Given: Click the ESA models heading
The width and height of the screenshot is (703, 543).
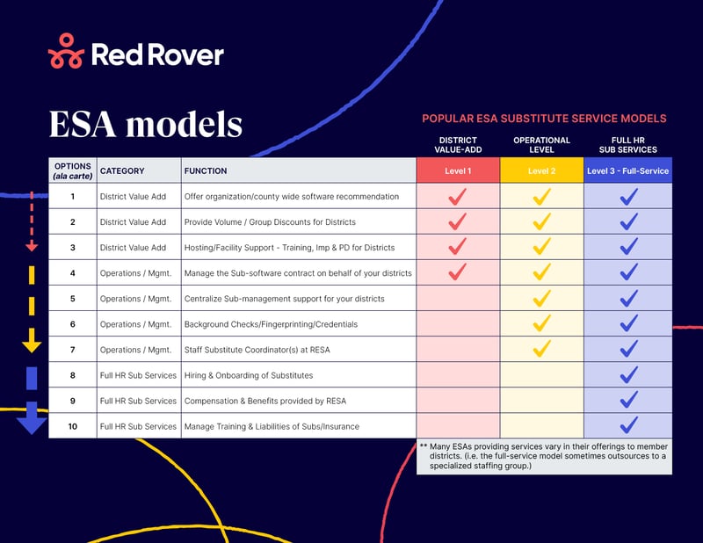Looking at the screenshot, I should [x=145, y=124].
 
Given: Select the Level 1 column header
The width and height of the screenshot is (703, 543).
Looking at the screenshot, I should [x=457, y=170].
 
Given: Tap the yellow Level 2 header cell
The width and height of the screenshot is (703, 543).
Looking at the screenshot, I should [x=541, y=170].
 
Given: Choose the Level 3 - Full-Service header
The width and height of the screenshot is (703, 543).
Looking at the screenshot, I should [x=627, y=170].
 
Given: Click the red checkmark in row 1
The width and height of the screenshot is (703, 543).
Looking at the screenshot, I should [x=457, y=196].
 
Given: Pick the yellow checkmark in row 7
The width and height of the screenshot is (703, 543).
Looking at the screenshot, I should [x=541, y=349].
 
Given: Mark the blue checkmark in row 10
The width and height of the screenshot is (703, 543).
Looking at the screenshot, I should [x=627, y=425].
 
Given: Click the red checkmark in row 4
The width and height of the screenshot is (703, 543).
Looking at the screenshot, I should [x=457, y=272].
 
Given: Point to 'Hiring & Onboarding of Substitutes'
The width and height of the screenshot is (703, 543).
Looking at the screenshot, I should [x=248, y=375].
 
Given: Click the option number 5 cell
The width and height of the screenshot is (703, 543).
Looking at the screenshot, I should [x=72, y=299].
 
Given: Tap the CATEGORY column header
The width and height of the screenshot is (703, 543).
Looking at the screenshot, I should [x=122, y=170].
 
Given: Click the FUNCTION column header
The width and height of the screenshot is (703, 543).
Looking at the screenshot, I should [x=206, y=170].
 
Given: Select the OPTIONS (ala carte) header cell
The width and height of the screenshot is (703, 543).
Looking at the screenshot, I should [x=72, y=170].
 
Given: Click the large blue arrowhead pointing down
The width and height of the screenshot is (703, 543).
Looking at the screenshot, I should [x=32, y=422].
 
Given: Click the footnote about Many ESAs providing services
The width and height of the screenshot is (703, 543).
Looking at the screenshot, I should [x=543, y=455].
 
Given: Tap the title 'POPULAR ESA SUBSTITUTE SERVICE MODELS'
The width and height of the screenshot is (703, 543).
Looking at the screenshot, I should [x=544, y=118].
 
